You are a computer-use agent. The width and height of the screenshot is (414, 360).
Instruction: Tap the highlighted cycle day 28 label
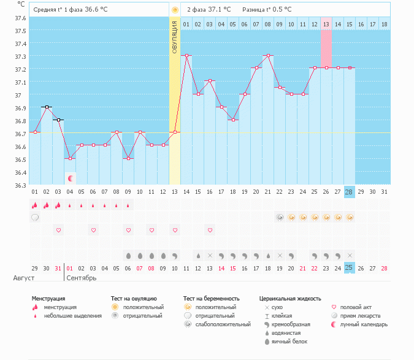click(349, 192)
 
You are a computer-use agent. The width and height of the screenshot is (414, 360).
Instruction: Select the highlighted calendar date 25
click(349, 268)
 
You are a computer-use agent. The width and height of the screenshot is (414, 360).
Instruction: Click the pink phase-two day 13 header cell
click(326, 24)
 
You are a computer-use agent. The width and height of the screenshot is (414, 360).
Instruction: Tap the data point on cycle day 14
click(186, 55)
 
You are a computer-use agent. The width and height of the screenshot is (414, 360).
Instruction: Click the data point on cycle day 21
click(268, 55)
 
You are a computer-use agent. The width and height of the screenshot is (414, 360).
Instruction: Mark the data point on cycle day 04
click(70, 158)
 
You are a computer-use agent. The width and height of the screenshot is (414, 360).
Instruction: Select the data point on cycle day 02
click(47, 107)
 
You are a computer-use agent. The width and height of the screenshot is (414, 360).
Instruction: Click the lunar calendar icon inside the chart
click(71, 178)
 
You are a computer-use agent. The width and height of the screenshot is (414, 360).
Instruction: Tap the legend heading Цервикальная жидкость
click(290, 299)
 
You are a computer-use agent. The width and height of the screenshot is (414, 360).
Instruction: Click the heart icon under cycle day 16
click(210, 230)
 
